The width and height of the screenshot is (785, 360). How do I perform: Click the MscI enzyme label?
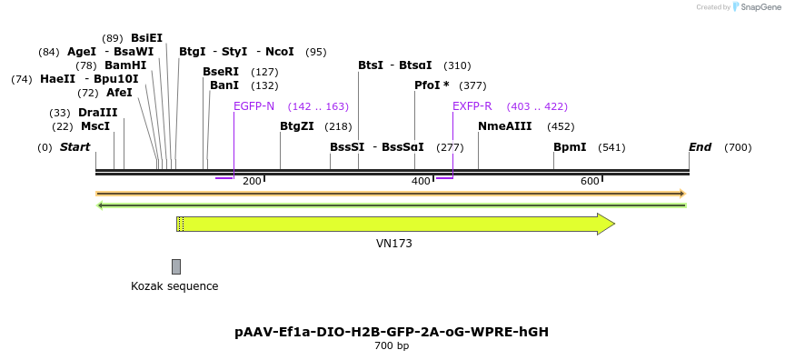tap(95, 126)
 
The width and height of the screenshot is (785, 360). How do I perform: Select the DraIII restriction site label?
tap(98, 113)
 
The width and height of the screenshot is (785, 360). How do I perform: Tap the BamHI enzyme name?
tap(125, 65)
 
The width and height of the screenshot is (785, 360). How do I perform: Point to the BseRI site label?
tap(221, 72)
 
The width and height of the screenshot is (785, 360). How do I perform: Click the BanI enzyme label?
tap(224, 85)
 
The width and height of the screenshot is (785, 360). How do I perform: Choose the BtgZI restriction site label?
tap(297, 126)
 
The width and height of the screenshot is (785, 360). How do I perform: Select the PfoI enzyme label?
tap(432, 85)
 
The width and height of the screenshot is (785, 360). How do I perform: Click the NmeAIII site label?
tap(505, 126)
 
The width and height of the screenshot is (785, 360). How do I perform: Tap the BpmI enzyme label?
tap(570, 147)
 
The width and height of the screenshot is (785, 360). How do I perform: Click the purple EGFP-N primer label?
tap(253, 106)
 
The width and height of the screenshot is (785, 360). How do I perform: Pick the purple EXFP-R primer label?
tap(472, 106)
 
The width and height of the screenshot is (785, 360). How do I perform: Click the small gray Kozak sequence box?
tap(176, 266)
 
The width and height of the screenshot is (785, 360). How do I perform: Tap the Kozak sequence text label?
tap(174, 286)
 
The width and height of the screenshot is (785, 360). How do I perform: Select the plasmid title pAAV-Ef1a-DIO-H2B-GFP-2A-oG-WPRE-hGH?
tap(392, 332)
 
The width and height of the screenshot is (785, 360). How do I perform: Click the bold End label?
tap(700, 147)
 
